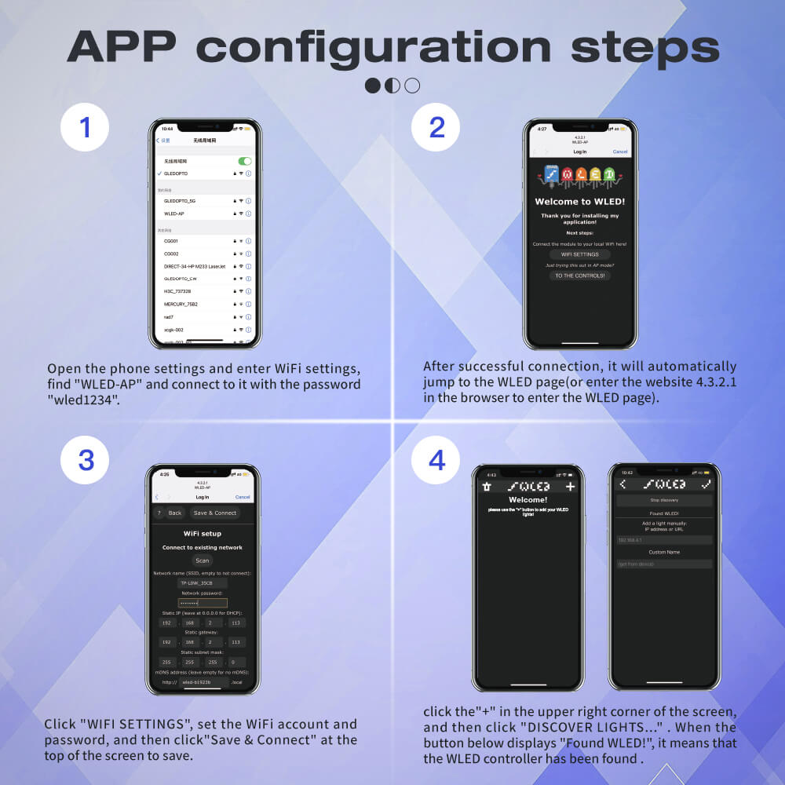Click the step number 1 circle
point(84,127)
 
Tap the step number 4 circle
point(436,461)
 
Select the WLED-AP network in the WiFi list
point(174,214)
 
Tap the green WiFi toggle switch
point(245,161)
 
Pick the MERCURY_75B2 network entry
point(181,304)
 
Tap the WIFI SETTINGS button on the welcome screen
point(579,254)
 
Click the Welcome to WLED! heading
point(579,202)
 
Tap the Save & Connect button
point(214,513)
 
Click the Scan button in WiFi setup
point(203,560)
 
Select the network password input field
point(203,603)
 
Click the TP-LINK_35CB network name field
point(203,583)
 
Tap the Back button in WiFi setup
point(175,513)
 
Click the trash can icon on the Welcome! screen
point(487,487)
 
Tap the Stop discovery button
point(664,500)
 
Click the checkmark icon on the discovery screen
point(706,484)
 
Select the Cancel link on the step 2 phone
point(619,152)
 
